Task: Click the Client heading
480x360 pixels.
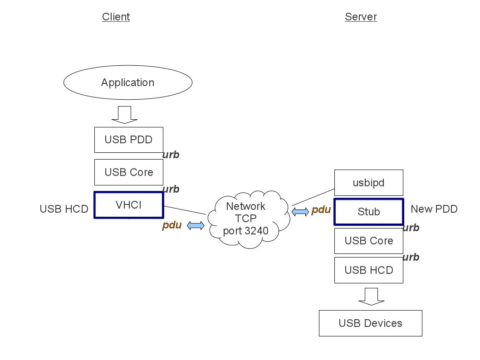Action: pos(116,17)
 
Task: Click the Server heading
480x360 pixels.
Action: pos(361,17)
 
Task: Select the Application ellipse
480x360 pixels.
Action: pos(127,83)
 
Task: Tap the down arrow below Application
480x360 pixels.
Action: pos(124,115)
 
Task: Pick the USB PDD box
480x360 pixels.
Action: pos(128,140)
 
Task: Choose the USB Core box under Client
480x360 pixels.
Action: pos(128,172)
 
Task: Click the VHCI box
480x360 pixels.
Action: pos(128,205)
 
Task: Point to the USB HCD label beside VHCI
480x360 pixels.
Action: pos(64,209)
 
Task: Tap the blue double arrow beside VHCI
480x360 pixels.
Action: pos(196,225)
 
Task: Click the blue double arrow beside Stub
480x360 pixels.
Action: pos(299,211)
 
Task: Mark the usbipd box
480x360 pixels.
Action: pos(368,183)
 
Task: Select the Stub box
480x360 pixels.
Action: pos(368,212)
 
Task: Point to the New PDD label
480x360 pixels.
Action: pos(434,209)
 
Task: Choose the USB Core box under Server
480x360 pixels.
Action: pos(368,241)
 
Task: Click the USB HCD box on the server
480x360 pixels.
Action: pos(368,270)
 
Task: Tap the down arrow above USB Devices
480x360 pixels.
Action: pos(371,297)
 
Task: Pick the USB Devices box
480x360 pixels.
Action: pos(370,323)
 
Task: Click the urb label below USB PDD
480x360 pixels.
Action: pos(171,155)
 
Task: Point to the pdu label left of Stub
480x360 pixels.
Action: pos(321,210)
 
